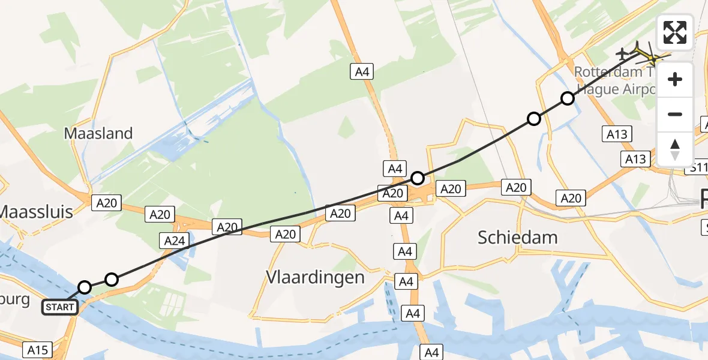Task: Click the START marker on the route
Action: coord(60,307)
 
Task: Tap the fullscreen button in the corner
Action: coord(675,32)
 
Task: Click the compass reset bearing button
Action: coord(675,149)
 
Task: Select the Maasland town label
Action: coord(98,133)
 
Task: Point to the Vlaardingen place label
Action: coord(315,277)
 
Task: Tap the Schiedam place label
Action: coord(517,238)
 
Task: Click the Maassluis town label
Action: coord(35,211)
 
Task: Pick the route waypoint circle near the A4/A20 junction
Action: coord(418,178)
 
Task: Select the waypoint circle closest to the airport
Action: coord(568,98)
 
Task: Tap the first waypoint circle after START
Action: coord(85,287)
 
